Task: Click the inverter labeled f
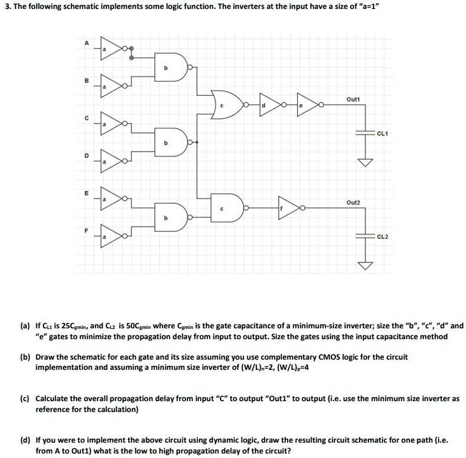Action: [x=289, y=207]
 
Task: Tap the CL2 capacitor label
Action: [x=383, y=236]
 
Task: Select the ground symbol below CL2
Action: [x=365, y=264]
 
